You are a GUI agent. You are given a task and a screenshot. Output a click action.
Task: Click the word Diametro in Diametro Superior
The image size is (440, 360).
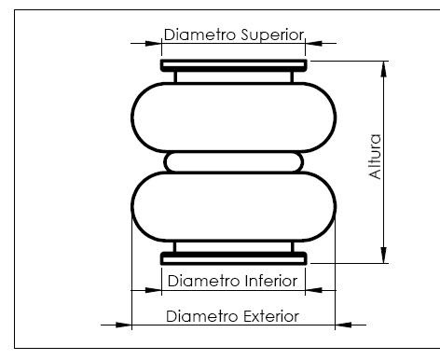(x=199, y=35)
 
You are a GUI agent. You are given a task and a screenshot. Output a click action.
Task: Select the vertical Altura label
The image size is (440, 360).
(x=375, y=157)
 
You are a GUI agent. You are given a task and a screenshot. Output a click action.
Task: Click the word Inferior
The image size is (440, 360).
(x=271, y=281)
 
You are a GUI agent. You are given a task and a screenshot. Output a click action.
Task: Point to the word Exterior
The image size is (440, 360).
(x=271, y=316)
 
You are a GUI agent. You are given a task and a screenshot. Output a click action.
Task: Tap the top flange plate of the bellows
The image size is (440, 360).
(x=234, y=65)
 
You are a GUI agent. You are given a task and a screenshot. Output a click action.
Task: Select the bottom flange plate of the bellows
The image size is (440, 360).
(x=234, y=258)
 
